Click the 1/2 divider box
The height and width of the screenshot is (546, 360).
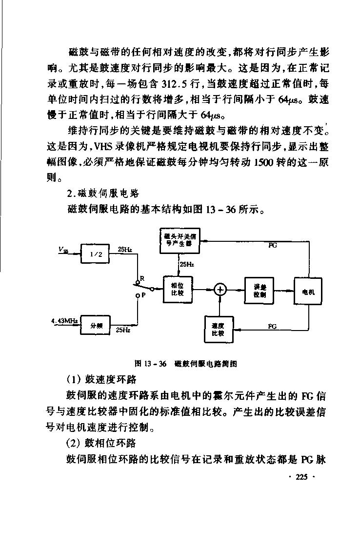(95, 253)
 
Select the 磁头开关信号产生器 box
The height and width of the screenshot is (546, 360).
(180, 240)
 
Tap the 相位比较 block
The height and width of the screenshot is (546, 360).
(178, 290)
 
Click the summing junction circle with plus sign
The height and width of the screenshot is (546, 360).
(220, 290)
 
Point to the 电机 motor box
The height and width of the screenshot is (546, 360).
(308, 291)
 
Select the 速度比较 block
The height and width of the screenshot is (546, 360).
(219, 330)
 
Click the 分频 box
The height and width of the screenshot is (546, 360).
(95, 325)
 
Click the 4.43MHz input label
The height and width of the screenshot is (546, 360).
(64, 320)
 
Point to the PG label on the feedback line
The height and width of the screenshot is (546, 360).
(273, 246)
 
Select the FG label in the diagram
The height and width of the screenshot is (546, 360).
(272, 326)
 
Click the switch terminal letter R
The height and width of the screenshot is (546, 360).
(142, 278)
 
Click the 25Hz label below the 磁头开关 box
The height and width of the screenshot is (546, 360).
(187, 264)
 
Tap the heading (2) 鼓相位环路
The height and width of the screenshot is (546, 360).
(101, 443)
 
